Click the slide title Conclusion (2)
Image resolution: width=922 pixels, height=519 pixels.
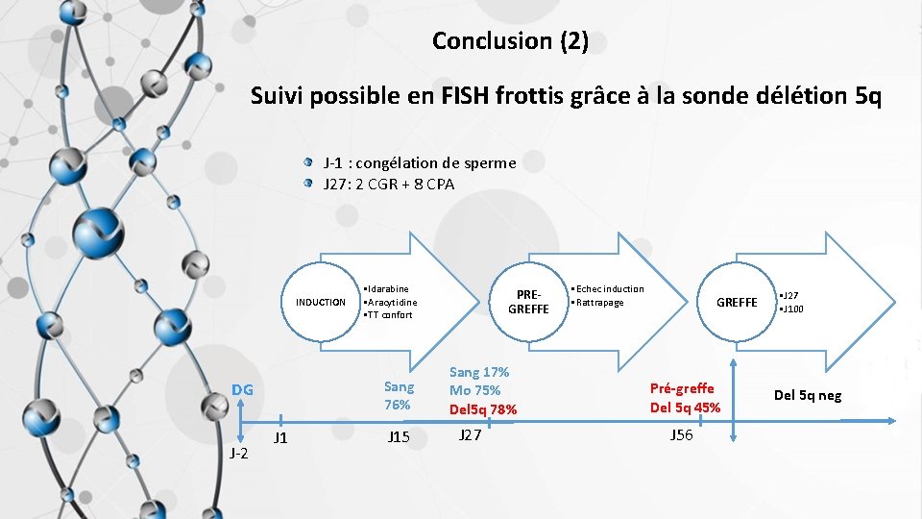pos(510,40)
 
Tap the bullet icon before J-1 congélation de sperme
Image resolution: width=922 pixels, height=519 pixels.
pos(307,162)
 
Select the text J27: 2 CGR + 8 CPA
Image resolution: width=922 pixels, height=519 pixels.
pos(388,184)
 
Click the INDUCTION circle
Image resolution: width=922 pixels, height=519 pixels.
pos(321,302)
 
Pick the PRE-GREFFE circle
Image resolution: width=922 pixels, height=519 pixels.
pos(528,302)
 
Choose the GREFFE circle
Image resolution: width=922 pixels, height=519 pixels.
pos(737,302)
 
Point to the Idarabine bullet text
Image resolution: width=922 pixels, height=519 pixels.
pos(387,288)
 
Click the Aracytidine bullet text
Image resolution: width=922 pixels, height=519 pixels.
pos(390,302)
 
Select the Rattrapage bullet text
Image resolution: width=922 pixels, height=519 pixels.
pos(599,303)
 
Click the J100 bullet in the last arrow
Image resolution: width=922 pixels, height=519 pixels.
pos(792,309)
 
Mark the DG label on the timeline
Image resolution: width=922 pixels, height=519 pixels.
pos(242,389)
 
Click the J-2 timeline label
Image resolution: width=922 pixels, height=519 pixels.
pos(238,453)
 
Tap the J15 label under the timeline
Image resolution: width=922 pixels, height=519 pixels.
pos(399,437)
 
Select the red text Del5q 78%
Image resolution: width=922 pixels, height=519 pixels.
pos(483,409)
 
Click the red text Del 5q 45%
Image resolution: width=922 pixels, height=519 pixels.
pos(685,407)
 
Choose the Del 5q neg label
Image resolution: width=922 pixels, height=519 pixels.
pos(808,395)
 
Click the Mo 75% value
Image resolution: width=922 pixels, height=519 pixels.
pos(474,390)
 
